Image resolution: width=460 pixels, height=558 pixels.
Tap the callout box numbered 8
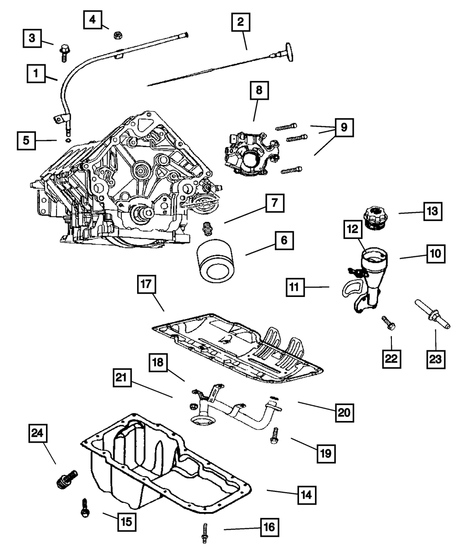(x=259, y=91)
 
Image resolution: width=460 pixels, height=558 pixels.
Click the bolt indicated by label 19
(x=275, y=435)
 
